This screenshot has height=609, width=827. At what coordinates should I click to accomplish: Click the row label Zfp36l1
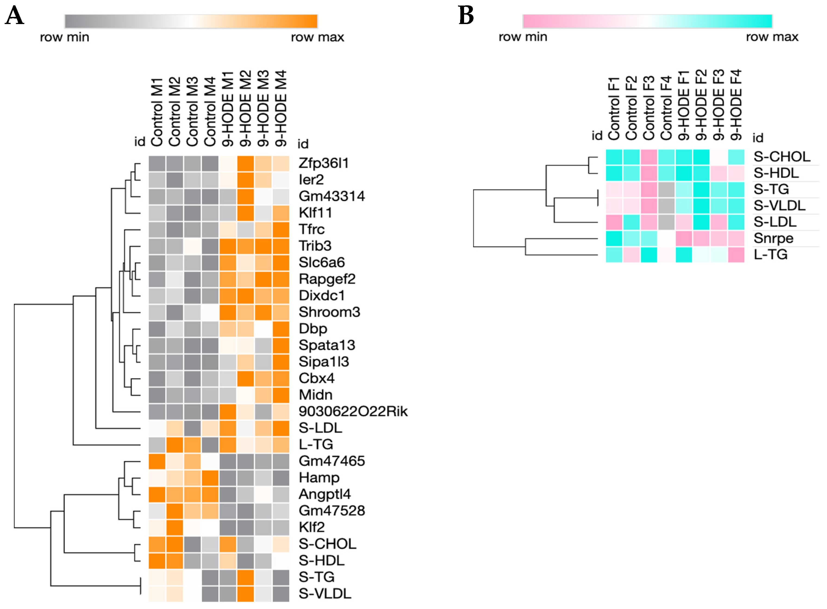tap(323, 163)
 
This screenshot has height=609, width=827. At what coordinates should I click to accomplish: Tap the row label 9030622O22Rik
tap(353, 411)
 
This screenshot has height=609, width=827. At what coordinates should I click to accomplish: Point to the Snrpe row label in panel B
tap(773, 238)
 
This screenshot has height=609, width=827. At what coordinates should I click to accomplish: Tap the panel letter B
tap(466, 16)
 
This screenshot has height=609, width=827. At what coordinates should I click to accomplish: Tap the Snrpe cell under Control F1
tap(614, 238)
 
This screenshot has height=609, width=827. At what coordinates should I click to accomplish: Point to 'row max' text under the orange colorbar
tap(317, 37)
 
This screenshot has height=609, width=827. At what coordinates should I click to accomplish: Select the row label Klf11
tap(315, 213)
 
